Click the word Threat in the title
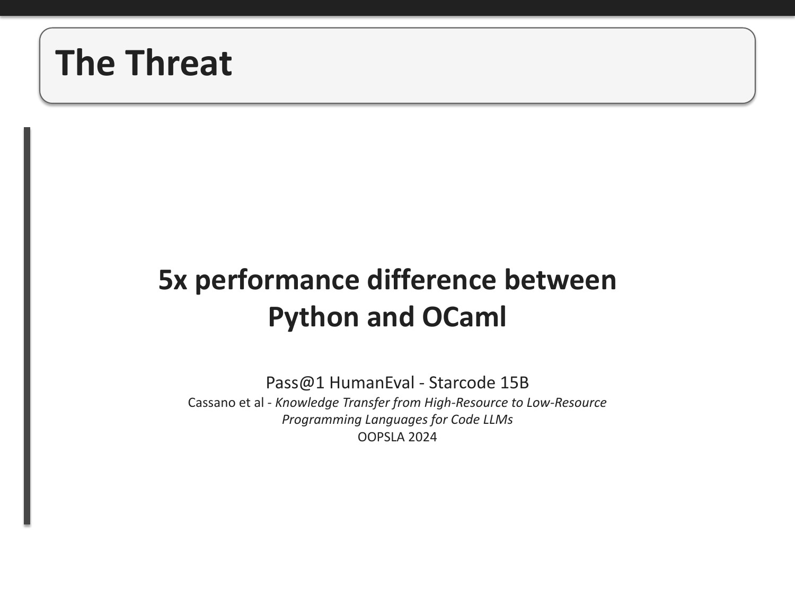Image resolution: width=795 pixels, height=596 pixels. point(179,63)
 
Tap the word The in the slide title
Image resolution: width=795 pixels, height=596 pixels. point(85,63)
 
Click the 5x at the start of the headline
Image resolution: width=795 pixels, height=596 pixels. point(173,280)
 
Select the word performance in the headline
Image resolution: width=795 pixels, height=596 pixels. point(278,280)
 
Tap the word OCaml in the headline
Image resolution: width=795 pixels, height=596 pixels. point(464,317)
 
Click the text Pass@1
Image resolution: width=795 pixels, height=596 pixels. point(295,382)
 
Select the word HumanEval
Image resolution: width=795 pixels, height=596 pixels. point(372,382)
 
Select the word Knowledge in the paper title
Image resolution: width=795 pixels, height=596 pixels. point(307,403)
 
